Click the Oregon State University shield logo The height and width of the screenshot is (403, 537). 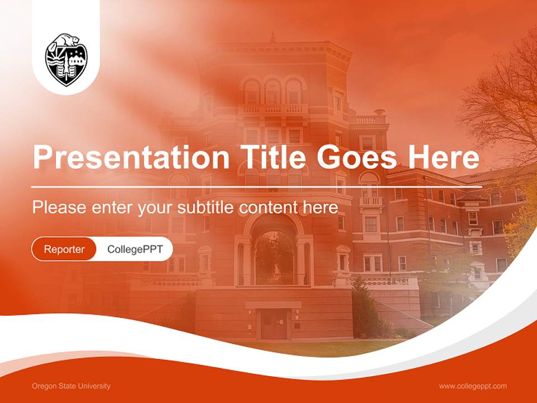[66, 60]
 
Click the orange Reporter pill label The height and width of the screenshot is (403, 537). [64, 249]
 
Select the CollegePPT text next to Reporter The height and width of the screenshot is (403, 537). [135, 249]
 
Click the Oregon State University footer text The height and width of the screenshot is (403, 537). [71, 386]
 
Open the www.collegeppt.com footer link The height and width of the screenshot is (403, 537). [473, 386]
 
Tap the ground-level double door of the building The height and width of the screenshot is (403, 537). [274, 325]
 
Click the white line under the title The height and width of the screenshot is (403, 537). [256, 186]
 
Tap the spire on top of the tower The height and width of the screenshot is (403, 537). [273, 37]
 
